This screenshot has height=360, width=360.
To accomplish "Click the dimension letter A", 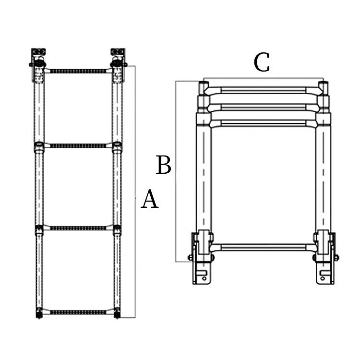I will (150, 200).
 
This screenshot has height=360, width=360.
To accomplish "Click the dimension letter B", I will (164, 166).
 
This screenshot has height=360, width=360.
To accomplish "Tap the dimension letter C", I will (262, 63).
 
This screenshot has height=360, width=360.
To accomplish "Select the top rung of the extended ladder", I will (78, 71).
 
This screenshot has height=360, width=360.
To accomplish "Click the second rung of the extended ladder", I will (78, 145).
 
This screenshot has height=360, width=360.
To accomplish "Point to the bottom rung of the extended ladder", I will (78, 312).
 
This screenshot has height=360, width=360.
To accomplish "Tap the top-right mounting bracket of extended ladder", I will (118, 58).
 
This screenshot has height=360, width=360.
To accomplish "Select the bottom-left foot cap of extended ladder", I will (38, 315).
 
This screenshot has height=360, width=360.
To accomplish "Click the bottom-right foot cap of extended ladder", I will (117, 315).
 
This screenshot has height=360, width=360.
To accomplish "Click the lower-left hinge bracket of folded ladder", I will (202, 254).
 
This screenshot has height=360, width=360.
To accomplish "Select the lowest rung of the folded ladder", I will (263, 247).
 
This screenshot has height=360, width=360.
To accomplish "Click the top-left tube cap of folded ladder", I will (203, 86).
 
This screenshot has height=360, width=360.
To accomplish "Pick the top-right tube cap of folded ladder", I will (324, 86).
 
